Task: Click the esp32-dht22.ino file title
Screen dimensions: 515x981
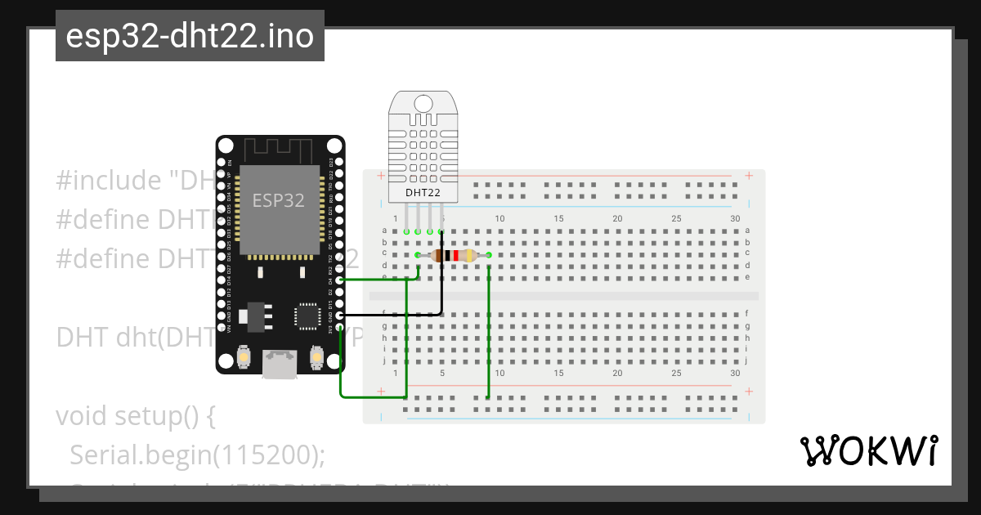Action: (x=190, y=36)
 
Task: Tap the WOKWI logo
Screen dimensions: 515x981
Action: (x=868, y=450)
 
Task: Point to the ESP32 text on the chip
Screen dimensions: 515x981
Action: (x=278, y=200)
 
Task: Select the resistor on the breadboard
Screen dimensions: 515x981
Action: (x=452, y=256)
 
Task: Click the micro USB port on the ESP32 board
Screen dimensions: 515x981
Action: (x=280, y=363)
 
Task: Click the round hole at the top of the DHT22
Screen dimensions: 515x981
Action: (x=423, y=103)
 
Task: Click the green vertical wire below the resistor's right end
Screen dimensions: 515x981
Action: (x=488, y=327)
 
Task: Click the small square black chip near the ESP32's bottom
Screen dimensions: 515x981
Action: (x=308, y=315)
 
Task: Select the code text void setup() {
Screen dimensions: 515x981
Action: (x=135, y=416)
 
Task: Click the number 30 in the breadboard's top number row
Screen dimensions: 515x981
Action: (x=735, y=218)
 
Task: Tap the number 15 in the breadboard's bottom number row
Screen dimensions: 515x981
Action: (x=558, y=373)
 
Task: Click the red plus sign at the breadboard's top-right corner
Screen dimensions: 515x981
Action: (x=749, y=175)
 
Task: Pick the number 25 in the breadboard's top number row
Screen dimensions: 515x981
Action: (x=676, y=218)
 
